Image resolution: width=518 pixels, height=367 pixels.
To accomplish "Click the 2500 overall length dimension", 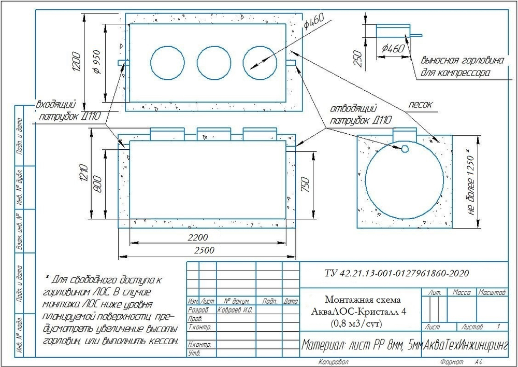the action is click(x=205, y=250).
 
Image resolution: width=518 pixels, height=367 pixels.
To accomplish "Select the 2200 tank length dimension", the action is click(x=198, y=237).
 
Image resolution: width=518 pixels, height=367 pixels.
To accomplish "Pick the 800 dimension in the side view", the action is click(x=98, y=184).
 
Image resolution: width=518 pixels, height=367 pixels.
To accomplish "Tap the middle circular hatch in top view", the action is click(x=214, y=63).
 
